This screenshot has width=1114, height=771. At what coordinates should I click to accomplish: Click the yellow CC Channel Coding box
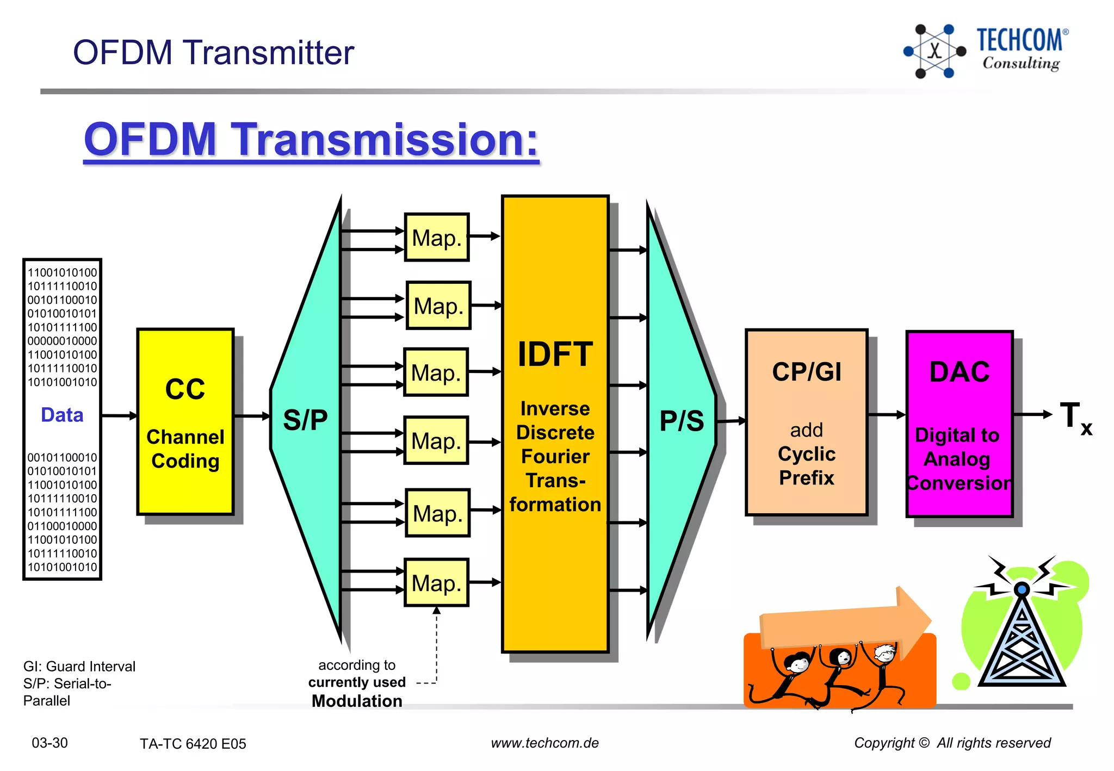tap(185, 421)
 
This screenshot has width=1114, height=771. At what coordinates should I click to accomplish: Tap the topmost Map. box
tap(436, 238)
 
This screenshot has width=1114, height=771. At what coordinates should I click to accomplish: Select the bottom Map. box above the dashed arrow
tap(436, 583)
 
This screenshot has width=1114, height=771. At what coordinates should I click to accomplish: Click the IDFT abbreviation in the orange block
tap(554, 355)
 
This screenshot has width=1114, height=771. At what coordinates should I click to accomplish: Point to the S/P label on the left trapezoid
tap(305, 420)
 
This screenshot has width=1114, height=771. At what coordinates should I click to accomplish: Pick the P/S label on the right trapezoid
tap(682, 421)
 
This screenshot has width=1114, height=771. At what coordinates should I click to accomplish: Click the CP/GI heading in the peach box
tap(806, 372)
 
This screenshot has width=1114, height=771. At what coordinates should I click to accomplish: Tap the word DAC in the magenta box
tap(960, 372)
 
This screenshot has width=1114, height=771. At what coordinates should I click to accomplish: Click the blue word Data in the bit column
tap(62, 415)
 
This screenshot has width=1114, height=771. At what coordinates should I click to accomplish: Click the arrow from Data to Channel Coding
tap(119, 416)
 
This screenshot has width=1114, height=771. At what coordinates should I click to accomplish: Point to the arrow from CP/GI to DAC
tap(887, 415)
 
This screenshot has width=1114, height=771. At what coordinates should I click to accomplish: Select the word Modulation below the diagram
tap(357, 701)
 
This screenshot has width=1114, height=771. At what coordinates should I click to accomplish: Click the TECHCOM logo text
tap(1019, 41)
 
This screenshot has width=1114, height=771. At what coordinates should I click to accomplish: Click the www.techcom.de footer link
tap(544, 743)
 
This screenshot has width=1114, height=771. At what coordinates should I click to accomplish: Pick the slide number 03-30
tap(49, 743)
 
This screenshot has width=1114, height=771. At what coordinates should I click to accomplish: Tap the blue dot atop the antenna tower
tap(1022, 589)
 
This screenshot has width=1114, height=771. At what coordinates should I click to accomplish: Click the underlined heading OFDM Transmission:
tap(311, 140)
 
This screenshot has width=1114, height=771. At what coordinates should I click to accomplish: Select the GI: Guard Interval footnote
tap(79, 667)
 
